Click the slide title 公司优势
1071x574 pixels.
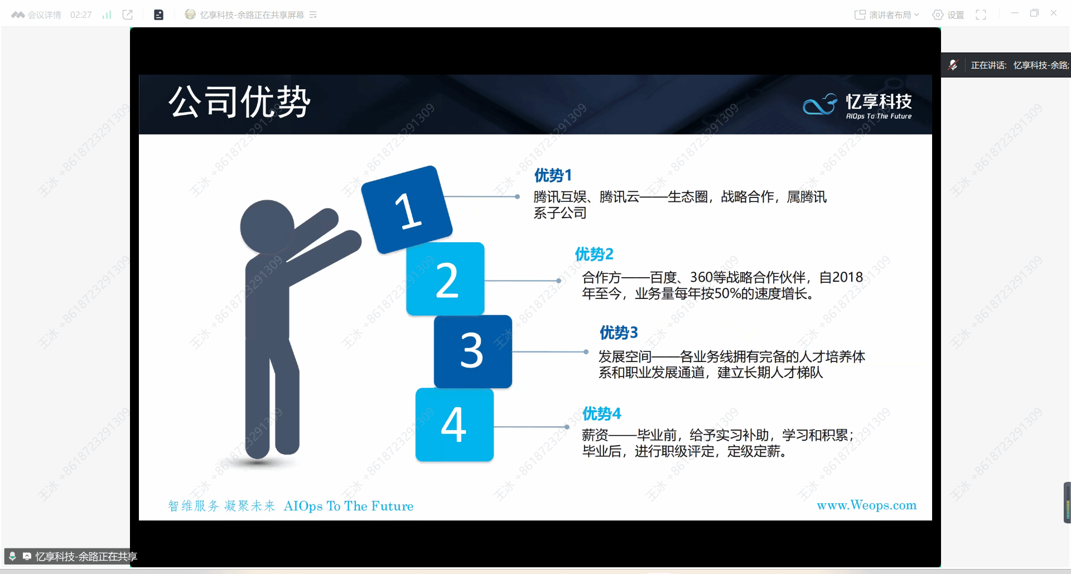239,102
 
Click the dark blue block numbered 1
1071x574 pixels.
407,209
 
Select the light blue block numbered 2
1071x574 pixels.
445,279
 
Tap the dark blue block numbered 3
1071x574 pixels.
472,351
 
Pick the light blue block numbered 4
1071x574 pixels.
455,425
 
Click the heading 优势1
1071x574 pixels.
553,175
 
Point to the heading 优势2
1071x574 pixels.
594,254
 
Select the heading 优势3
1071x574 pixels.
619,333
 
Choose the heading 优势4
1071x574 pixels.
601,413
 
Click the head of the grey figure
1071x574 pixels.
267,226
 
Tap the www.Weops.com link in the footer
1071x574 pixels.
866,505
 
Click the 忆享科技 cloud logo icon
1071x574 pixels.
820,104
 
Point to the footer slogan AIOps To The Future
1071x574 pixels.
349,506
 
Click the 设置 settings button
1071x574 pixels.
948,15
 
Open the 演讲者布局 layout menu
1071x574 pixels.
886,15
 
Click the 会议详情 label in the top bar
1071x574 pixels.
44,15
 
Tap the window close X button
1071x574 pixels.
1053,13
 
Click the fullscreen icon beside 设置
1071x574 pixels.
981,15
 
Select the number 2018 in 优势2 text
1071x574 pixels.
847,277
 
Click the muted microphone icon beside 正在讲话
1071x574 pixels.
953,65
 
